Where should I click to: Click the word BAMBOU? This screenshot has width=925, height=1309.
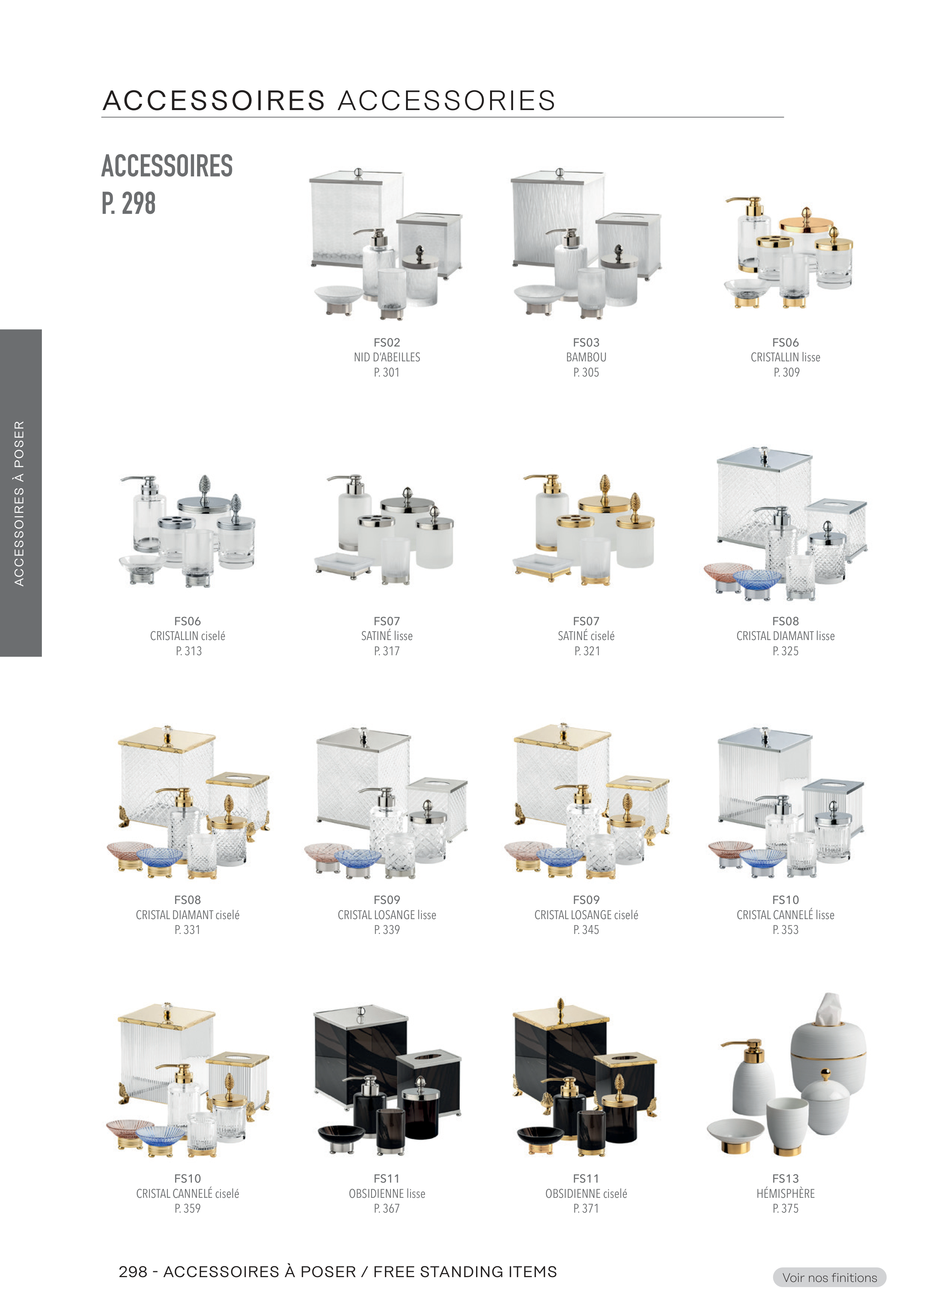pos(586,358)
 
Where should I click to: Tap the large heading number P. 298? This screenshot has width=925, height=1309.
pos(129,203)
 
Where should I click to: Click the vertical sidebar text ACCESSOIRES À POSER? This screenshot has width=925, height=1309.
pos(19,503)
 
